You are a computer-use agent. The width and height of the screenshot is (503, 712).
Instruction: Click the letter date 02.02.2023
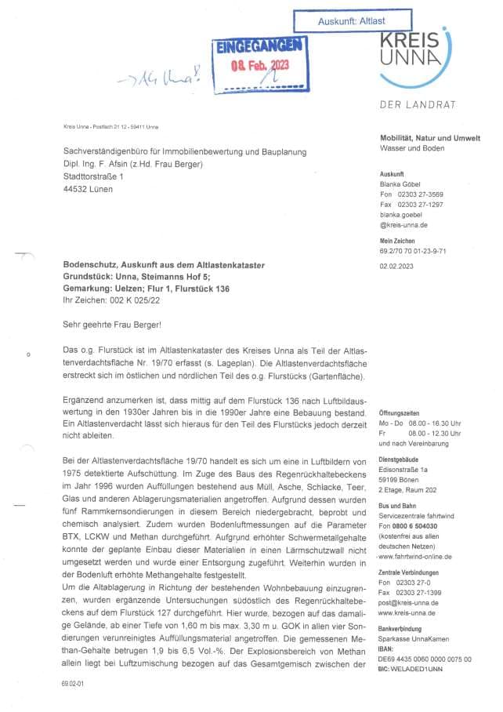click(395, 266)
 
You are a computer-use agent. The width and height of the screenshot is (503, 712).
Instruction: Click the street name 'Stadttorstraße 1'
click(94, 176)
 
